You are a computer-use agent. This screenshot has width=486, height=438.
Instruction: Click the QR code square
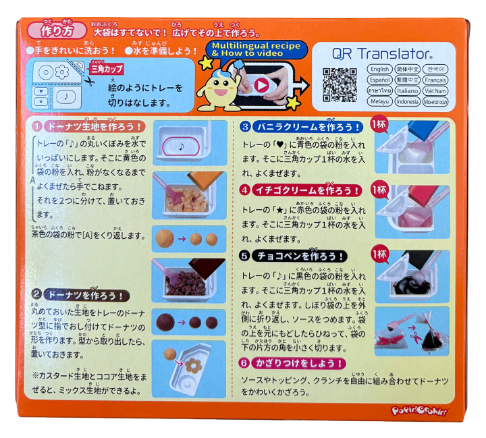pos(339,84)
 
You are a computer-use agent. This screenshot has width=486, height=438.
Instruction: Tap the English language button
pos(380,69)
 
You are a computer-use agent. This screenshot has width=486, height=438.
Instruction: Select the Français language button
pos(435,80)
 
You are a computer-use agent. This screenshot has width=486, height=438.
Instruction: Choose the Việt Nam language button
pos(435,90)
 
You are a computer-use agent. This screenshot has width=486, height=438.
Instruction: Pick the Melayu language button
pos(380,101)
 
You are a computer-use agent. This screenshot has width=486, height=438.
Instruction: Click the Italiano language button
pos(408,90)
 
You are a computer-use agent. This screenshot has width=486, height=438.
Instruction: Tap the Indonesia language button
pos(408,101)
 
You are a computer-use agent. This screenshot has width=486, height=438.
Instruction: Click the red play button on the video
pos(261,84)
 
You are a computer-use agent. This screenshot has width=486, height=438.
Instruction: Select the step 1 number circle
pos(38,126)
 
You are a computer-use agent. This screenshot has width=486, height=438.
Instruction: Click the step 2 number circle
pos(38,295)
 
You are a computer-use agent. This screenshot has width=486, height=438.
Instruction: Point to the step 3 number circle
pos(246,126)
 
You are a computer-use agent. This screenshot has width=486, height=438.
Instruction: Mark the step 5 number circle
pos(246,256)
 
